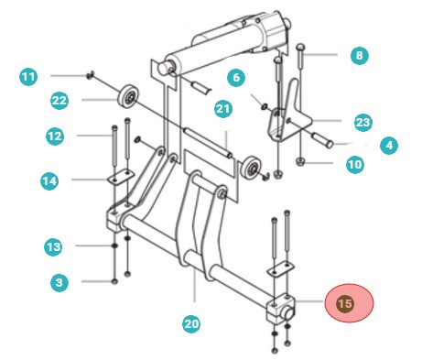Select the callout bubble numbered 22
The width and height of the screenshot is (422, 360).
tap(61, 100)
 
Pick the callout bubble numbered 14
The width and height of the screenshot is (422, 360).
tap(50, 181)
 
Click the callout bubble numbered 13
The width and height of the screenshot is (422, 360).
tap(55, 246)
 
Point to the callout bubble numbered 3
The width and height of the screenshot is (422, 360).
tap(60, 283)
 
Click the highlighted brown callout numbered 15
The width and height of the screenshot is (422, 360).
tap(344, 303)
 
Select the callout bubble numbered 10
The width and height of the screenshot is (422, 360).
tap(353, 165)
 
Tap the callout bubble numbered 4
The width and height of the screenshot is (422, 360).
tap(389, 144)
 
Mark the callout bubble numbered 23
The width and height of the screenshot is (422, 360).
tap(362, 121)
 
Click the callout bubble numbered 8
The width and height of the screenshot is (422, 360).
tap(359, 56)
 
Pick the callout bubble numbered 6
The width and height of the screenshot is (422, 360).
tap(234, 80)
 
